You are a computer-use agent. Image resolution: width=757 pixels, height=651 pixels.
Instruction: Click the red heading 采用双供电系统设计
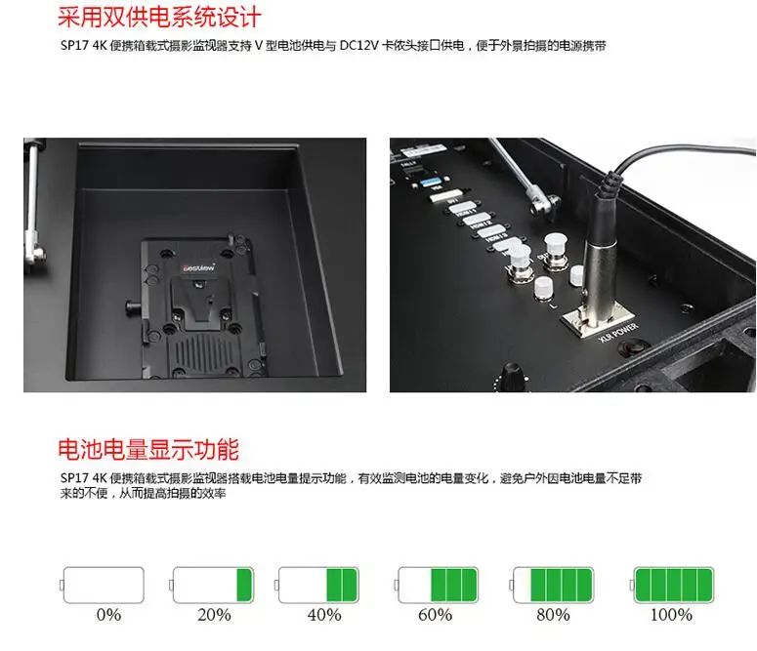(x=160, y=19)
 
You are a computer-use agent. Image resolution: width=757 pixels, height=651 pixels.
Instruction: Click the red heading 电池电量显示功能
(x=147, y=450)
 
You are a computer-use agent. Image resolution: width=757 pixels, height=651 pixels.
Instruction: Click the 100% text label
(x=672, y=615)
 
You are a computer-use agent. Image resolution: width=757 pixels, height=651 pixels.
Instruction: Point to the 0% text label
(x=108, y=615)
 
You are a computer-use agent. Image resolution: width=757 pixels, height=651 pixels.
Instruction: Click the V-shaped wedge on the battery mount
(x=200, y=298)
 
